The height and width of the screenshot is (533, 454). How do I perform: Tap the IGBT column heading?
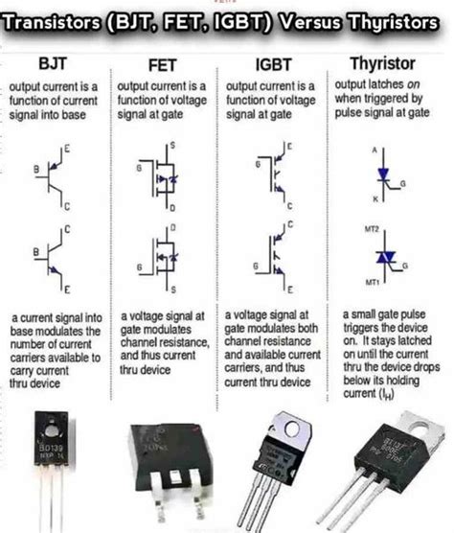point(272,65)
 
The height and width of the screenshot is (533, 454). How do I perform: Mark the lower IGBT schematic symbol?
point(272,256)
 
